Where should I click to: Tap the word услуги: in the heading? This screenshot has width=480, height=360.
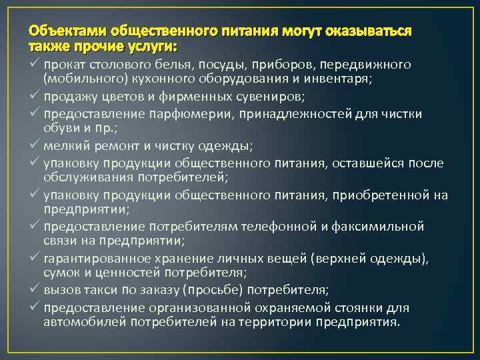pyautogui.click(x=155, y=47)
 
